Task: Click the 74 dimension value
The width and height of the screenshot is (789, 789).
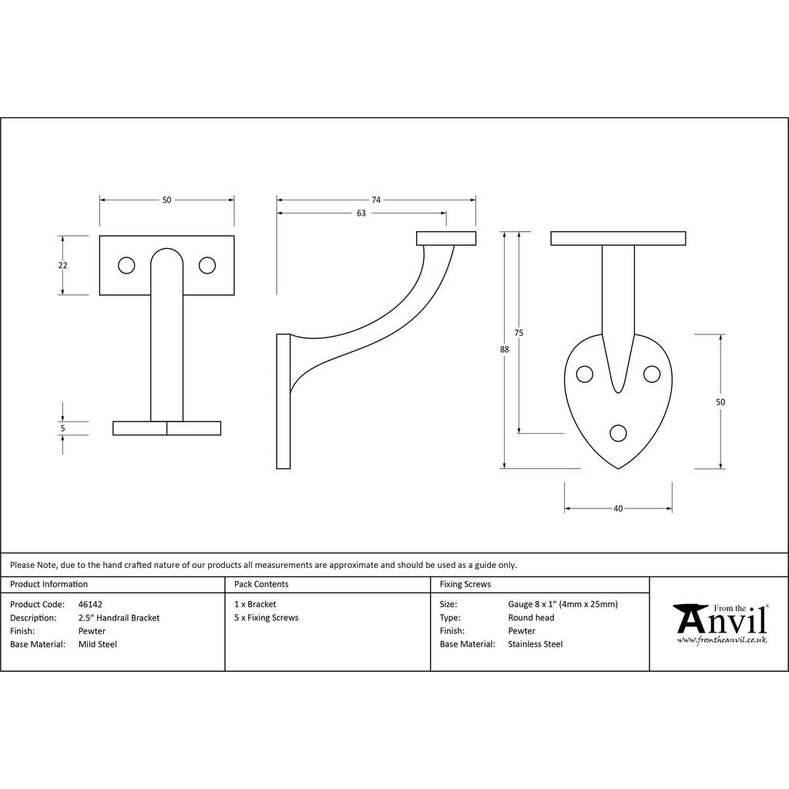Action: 376,200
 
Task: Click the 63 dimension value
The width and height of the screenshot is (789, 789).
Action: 361,213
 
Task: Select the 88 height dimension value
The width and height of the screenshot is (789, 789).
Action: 504,349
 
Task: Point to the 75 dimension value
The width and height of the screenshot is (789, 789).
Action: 519,333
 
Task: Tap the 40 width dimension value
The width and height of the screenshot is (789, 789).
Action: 618,509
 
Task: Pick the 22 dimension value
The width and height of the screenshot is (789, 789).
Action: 62,265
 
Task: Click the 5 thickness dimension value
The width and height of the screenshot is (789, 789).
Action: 62,428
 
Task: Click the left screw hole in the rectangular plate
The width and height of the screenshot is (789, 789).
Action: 126,265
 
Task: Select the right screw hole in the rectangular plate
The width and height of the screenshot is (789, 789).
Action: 207,265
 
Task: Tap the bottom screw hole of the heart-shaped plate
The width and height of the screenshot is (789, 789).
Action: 618,433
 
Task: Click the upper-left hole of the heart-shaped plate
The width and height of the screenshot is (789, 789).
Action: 584,374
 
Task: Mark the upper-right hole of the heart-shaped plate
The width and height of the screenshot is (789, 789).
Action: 652,374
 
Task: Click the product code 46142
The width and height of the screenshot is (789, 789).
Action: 90,604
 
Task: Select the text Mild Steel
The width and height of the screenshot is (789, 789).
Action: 98,644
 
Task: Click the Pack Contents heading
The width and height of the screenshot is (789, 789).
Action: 261,584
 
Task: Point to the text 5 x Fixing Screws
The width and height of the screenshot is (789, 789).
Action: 266,617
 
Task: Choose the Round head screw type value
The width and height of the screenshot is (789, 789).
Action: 531,617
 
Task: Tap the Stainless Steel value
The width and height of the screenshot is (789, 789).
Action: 536,644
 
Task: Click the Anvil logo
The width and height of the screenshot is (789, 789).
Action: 721,623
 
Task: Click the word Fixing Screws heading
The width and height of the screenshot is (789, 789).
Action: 465,584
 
